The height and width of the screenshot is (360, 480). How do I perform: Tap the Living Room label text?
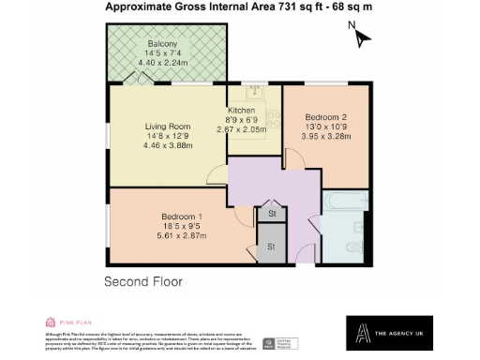(167, 126)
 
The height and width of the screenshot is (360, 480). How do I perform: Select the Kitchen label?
(241, 112)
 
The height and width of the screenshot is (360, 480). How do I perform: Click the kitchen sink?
(254, 92)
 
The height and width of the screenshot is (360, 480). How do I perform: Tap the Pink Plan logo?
(62, 322)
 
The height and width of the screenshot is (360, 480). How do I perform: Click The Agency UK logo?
(376, 333)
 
